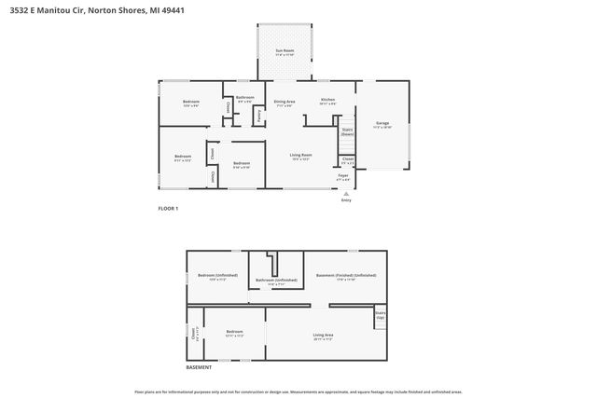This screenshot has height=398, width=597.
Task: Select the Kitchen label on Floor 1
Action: point(327,100)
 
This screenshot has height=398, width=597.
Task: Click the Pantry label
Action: point(258,116)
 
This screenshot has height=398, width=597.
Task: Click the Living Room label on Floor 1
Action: point(300,155)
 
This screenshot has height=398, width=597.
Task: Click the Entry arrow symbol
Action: point(346,194)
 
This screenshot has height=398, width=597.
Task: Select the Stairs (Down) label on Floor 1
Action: point(347,131)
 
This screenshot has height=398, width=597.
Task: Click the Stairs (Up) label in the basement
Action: point(380,315)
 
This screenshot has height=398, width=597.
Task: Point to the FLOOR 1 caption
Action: point(168,208)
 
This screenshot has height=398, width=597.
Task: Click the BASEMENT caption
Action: point(198,367)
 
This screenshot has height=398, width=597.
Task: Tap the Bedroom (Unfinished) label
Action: point(217,275)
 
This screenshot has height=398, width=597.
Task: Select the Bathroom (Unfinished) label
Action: point(277,280)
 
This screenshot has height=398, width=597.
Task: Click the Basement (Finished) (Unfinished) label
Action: point(346,275)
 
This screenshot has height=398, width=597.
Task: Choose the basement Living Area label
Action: point(324,335)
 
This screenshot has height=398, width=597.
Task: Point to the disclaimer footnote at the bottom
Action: point(298,391)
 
